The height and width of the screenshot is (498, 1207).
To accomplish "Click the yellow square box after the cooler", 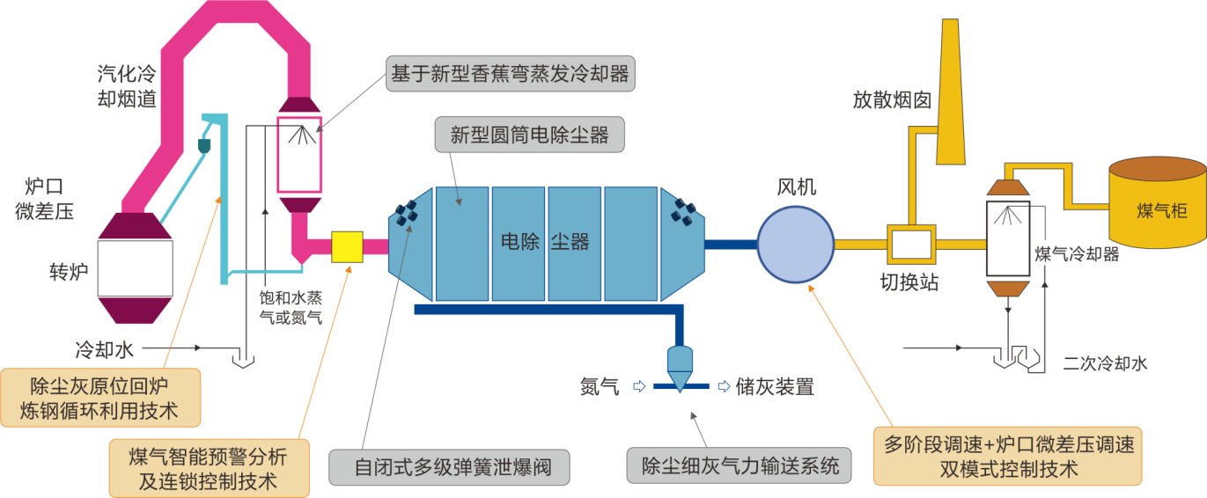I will coord(347,246).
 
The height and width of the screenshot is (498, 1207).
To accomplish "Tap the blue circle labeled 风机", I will coord(796,244).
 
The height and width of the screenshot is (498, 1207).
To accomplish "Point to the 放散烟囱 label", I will coord(891,99).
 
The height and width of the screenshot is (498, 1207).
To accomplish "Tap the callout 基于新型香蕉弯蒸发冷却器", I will coord(511,74).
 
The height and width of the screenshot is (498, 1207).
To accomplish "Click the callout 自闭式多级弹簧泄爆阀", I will coord(449,466).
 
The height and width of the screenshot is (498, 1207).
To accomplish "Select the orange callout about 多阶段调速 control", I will coord(1011,456).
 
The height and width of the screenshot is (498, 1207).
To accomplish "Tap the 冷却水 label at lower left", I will coord(104,349).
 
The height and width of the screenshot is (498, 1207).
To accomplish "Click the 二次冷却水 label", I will coord(1105,362).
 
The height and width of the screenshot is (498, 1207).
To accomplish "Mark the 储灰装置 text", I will coord(775,386).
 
